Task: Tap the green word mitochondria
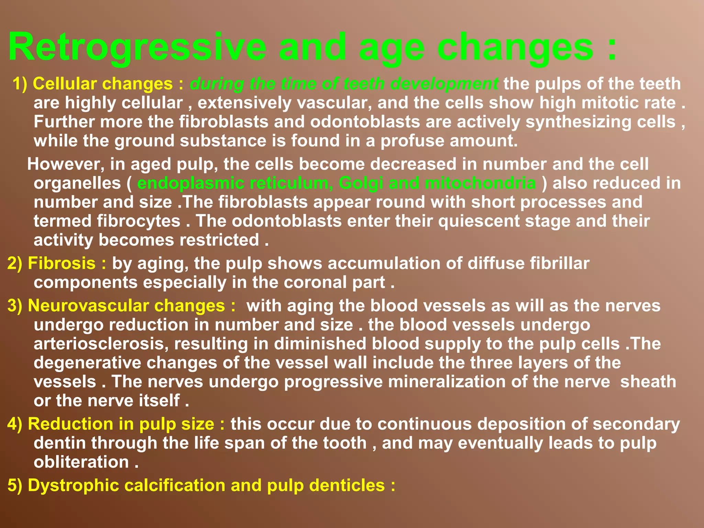(x=480, y=183)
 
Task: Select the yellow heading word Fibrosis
(x=62, y=263)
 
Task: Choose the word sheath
(x=648, y=382)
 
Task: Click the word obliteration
(x=81, y=462)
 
